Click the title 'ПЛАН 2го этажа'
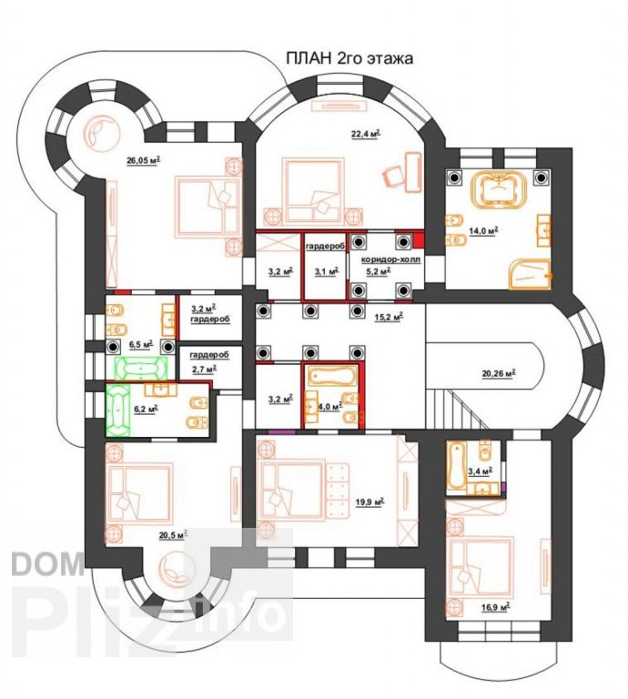(349, 58)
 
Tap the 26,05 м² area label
(144, 160)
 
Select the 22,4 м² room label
(366, 134)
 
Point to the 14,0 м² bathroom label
(483, 230)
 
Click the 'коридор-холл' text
(390, 259)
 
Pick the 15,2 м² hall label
(389, 317)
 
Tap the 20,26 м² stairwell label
(499, 373)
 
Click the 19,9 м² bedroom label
(370, 502)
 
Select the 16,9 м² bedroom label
(495, 607)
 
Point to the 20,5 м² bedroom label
(173, 535)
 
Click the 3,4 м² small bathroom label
(480, 471)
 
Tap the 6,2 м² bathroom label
(147, 410)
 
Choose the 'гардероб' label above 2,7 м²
(209, 355)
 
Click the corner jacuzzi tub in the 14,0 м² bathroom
(499, 190)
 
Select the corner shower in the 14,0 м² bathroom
(530, 274)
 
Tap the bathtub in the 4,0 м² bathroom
(332, 377)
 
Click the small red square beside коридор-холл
(418, 241)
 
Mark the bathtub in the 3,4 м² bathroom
(456, 466)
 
